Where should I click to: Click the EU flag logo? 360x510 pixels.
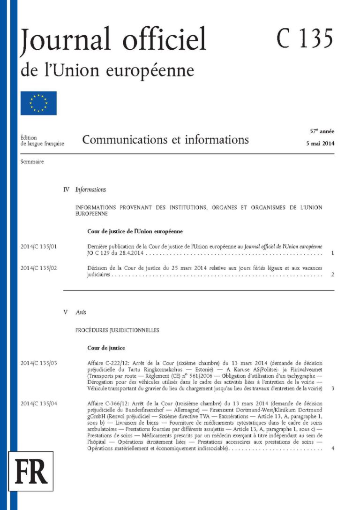coord(38,103)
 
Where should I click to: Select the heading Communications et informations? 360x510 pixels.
coord(165,139)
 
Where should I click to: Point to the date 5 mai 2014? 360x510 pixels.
coord(320,144)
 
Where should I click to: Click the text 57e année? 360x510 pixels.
coord(322,132)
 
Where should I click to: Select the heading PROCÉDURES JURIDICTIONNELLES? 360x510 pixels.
coord(117,330)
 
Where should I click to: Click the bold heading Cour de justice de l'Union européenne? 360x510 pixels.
coord(135,231)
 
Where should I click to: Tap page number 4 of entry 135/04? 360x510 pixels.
coord(332,449)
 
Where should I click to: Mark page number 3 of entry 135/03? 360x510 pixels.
coord(332,389)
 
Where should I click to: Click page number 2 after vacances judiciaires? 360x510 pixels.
coord(332,274)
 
